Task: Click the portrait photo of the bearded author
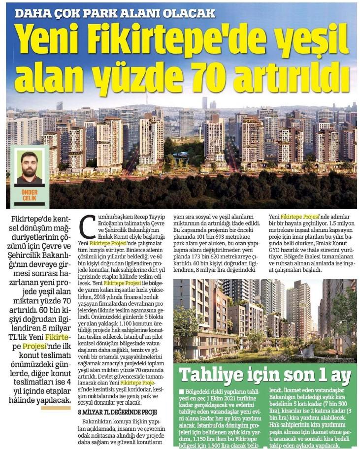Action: tap(30, 167)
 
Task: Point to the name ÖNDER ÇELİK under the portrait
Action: tap(30, 195)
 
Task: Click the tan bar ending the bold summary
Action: tap(55, 408)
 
